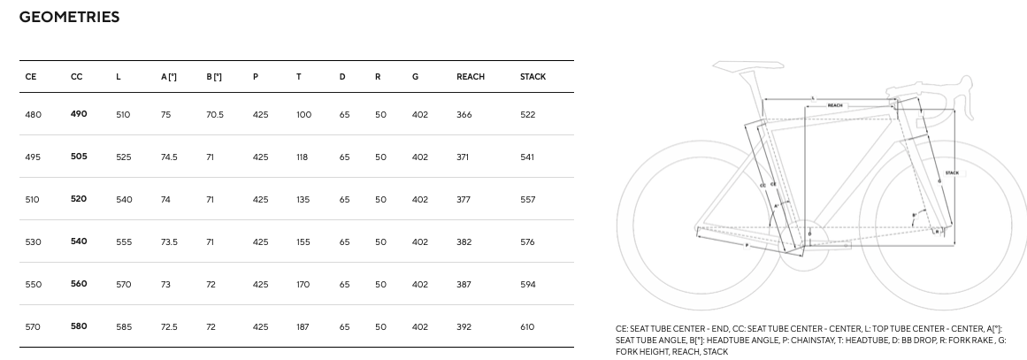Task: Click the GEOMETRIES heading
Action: click(x=69, y=17)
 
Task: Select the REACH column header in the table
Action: click(x=470, y=77)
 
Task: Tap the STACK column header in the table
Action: click(x=533, y=77)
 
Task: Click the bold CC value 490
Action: click(x=78, y=114)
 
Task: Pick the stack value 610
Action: click(x=527, y=327)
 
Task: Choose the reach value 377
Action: click(x=464, y=200)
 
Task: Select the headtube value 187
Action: click(x=303, y=327)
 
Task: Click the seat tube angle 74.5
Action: click(x=168, y=157)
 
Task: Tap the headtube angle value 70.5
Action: click(x=215, y=115)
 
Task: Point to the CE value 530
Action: click(x=33, y=242)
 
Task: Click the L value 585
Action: click(x=124, y=327)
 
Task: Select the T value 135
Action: click(x=303, y=200)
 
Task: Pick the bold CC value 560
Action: click(x=78, y=284)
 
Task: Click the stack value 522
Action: click(x=527, y=115)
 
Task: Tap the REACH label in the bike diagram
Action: click(x=835, y=105)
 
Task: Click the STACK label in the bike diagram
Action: click(x=952, y=172)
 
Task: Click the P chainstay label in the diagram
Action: click(x=747, y=245)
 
